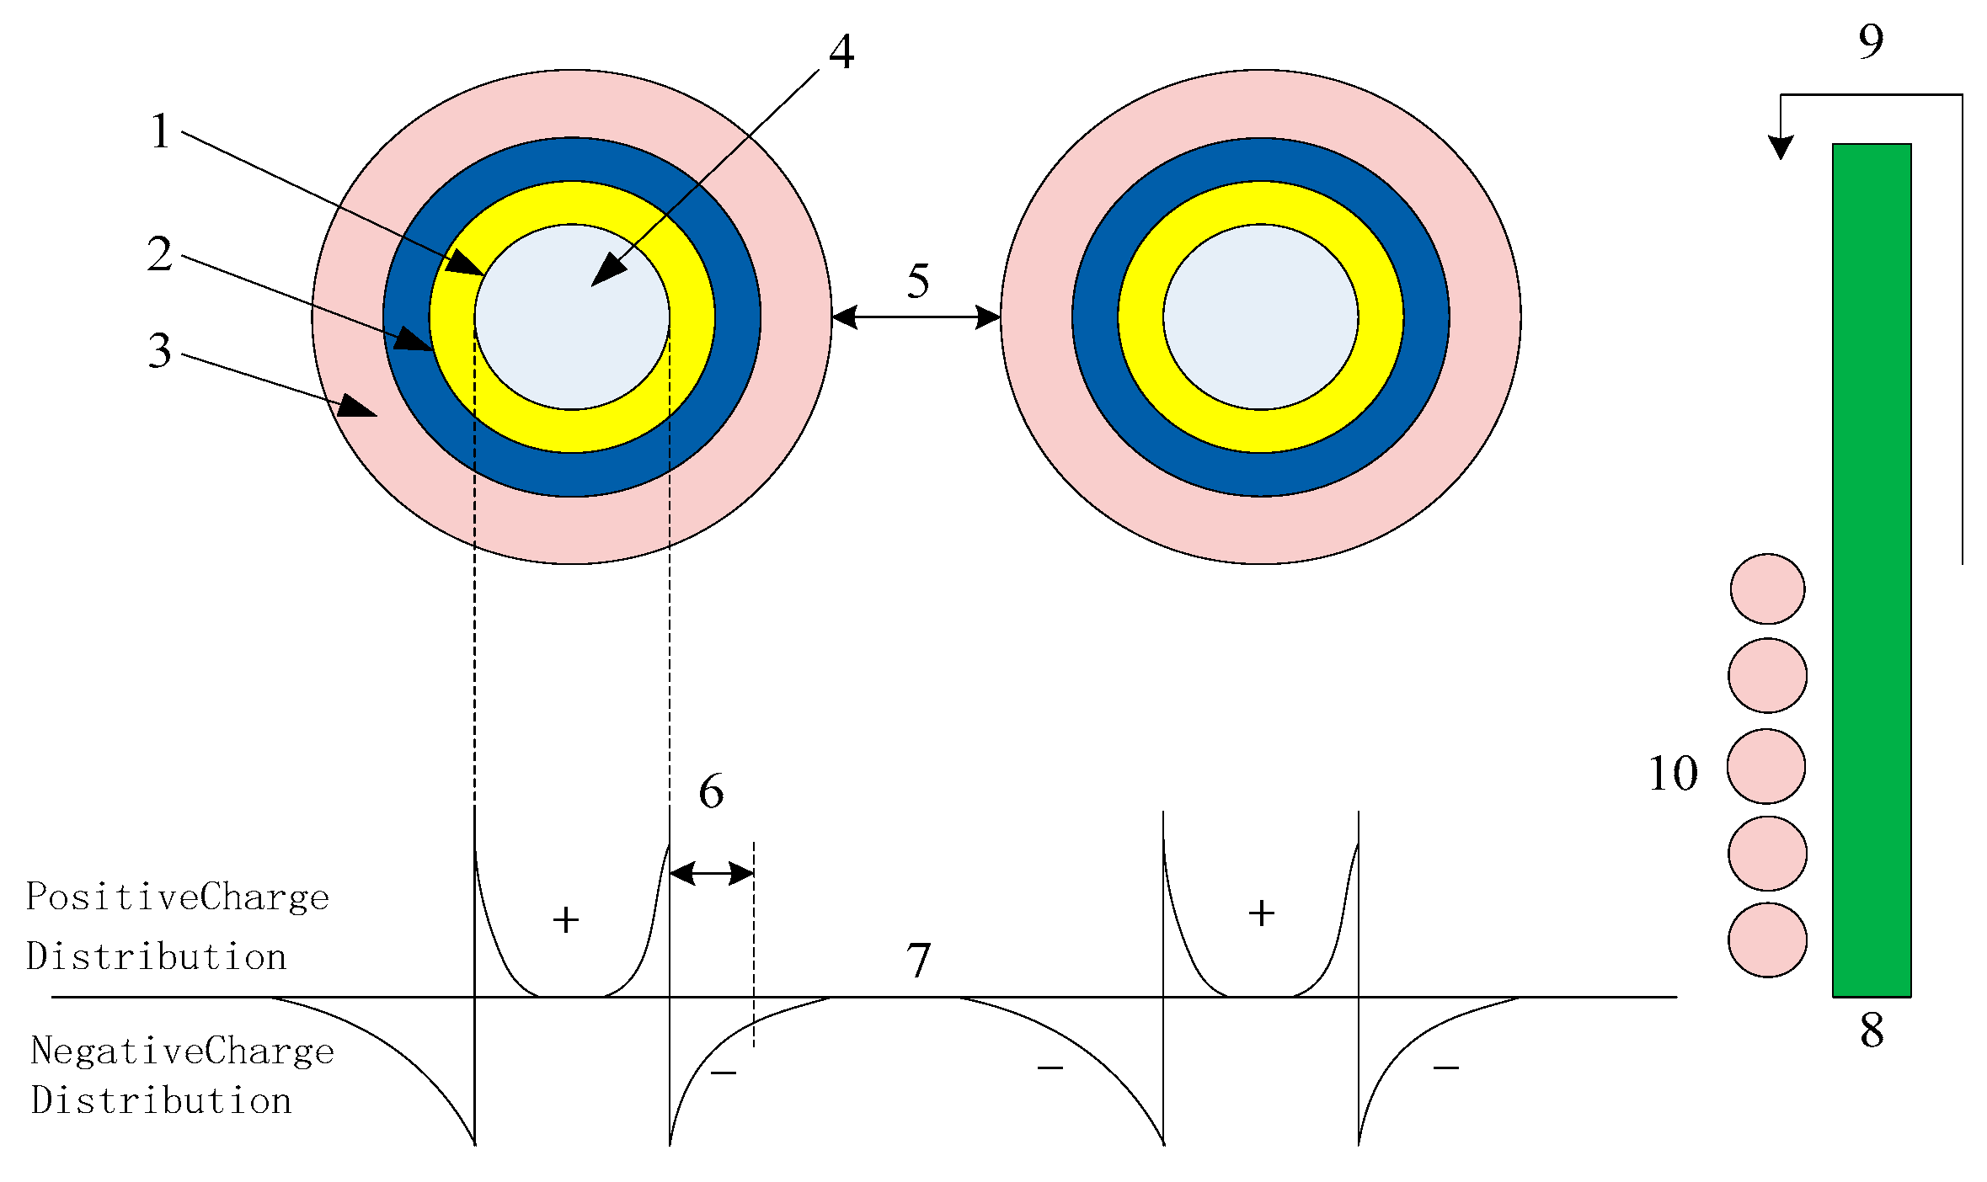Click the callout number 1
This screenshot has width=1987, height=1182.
pos(160,131)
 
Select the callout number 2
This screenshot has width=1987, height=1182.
pos(159,253)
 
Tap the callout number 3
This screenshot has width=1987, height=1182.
pos(159,350)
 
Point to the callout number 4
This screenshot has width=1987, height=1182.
pos(841,52)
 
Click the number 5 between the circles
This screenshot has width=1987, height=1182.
pos(918,280)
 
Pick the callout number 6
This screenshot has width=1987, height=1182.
pos(711,791)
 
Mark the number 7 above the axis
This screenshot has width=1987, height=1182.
pos(918,960)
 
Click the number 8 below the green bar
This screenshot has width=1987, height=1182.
pos(1872,1030)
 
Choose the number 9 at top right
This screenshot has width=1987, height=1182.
pos(1871,41)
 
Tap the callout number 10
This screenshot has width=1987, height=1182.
pos(1673,773)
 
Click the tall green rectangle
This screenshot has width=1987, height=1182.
pos(1872,570)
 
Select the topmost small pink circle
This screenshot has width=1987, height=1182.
pos(1767,588)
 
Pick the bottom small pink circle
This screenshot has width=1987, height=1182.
pos(1767,940)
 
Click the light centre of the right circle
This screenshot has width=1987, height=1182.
pos(1260,317)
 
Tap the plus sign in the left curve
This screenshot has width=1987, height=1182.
pos(566,919)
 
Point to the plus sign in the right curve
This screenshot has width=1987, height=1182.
pos(1261,913)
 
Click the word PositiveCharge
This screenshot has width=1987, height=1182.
pos(178,897)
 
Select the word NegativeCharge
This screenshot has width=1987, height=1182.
pos(182,1052)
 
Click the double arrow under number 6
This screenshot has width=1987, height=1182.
pos(712,873)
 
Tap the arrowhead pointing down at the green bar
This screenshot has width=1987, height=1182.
pos(1780,148)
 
